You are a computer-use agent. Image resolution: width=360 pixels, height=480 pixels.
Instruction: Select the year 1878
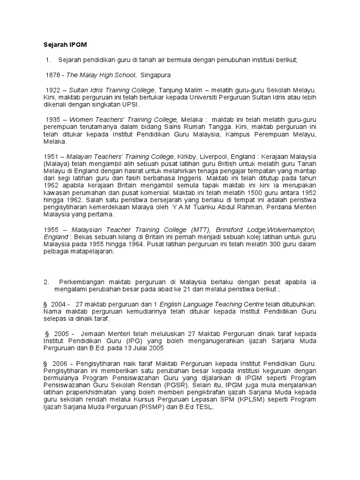coord(52,75)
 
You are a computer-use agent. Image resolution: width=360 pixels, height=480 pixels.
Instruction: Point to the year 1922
coord(53,90)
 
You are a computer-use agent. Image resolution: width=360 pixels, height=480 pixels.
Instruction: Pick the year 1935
coord(53,120)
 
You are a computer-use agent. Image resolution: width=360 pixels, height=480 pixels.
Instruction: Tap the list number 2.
coord(46,282)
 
